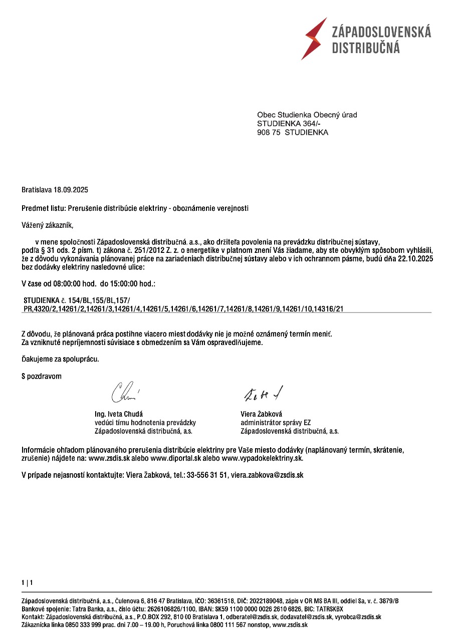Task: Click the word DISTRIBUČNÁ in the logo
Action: coord(366,48)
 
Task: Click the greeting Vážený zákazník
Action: coord(47,225)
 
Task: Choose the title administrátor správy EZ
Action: coord(276,423)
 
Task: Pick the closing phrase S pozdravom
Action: coord(42,376)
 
